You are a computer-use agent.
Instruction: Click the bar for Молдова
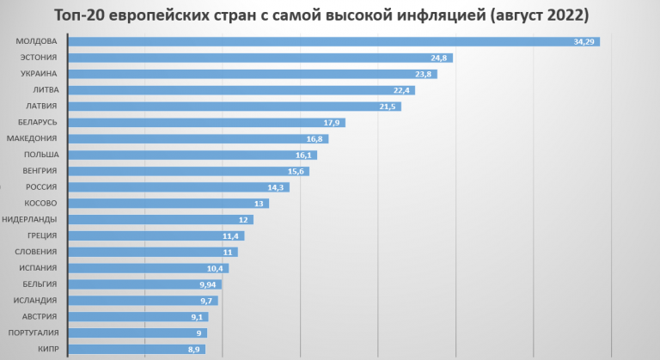click(327, 41)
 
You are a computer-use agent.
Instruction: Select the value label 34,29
click(584, 41)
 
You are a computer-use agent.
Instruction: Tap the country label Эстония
click(39, 58)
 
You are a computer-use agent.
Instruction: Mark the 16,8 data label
click(315, 138)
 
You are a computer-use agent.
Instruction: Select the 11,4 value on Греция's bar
click(231, 235)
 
